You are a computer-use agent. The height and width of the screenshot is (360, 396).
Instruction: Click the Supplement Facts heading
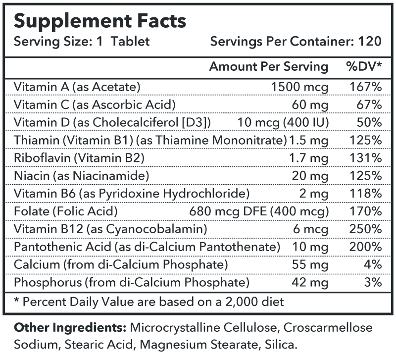(100, 21)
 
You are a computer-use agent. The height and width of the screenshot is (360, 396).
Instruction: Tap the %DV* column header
(363, 66)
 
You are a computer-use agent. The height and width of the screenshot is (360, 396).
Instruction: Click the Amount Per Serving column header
(269, 66)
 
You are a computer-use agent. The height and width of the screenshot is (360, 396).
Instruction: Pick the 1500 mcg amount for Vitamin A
(300, 87)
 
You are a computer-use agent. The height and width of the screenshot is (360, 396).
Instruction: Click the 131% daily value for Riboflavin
(367, 158)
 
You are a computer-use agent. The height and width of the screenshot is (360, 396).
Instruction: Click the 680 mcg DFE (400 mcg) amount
(259, 211)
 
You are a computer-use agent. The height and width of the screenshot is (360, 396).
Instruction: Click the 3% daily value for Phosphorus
(374, 283)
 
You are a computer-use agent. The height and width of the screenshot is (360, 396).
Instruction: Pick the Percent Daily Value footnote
(149, 302)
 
